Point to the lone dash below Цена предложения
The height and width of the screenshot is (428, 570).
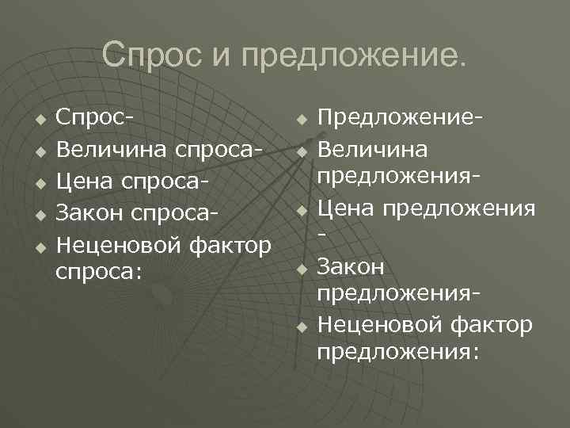(x=321, y=235)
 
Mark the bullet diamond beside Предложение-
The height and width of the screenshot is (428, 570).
(x=301, y=120)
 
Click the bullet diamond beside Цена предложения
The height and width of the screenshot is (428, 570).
(x=301, y=210)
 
